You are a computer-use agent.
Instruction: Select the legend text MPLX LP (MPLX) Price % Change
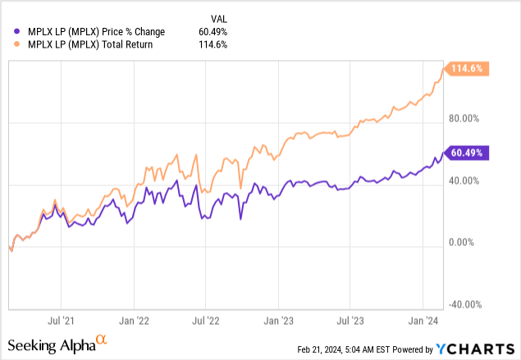coord(95,31)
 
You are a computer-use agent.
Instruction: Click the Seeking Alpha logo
coord(57,344)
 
